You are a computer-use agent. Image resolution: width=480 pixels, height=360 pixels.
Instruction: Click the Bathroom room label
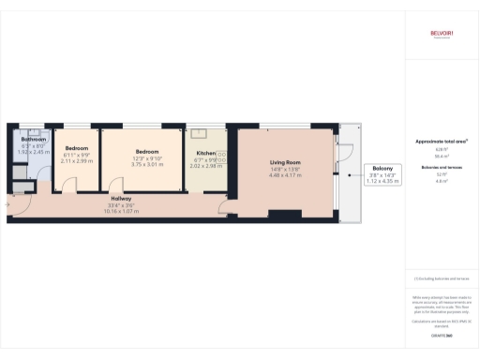34,141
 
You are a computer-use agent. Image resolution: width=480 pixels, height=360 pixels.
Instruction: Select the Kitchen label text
204,153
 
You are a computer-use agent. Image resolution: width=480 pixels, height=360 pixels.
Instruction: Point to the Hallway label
121,199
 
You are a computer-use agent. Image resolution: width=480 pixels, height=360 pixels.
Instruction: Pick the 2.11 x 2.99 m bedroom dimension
76,161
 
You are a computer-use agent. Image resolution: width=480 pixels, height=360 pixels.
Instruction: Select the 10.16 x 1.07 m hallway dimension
121,211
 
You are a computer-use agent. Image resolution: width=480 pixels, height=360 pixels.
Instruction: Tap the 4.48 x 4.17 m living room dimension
285,175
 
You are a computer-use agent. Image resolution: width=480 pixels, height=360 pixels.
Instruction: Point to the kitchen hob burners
222,157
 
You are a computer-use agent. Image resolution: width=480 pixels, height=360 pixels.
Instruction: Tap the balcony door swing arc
345,155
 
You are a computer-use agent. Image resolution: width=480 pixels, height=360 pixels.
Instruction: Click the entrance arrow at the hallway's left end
10,198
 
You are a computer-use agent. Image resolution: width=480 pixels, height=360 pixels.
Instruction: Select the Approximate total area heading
441,142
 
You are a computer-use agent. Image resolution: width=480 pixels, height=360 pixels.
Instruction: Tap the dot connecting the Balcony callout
348,175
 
